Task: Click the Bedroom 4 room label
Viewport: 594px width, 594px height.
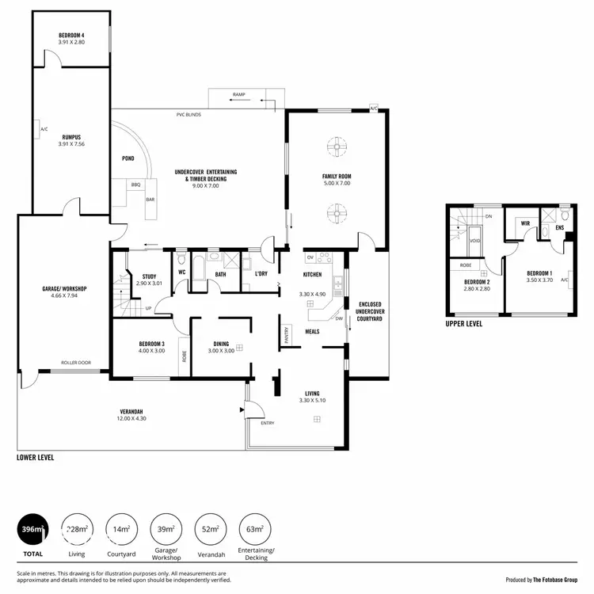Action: [x=70, y=36]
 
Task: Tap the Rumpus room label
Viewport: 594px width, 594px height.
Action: [x=70, y=136]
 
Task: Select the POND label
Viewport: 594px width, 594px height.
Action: [x=128, y=158]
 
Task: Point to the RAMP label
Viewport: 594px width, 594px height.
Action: [x=238, y=95]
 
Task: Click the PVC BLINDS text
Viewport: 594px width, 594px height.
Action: [x=188, y=115]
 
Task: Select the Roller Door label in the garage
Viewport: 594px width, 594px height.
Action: [x=76, y=363]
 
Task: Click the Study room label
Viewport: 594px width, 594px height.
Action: [x=149, y=276]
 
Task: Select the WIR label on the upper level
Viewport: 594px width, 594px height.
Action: [x=524, y=223]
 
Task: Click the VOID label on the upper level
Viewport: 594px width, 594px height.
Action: [x=474, y=239]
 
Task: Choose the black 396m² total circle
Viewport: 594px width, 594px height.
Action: [x=32, y=529]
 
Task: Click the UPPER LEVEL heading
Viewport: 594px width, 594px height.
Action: [x=465, y=323]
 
